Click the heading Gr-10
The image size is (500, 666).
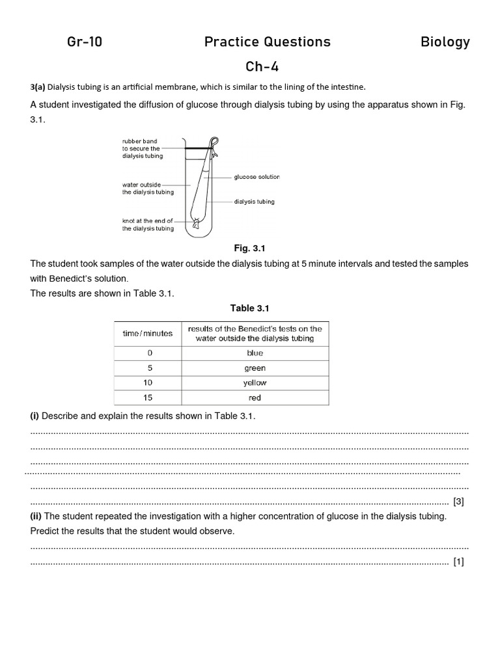[x=85, y=42]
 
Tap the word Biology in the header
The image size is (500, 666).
[x=445, y=42]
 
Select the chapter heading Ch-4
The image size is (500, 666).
[x=262, y=67]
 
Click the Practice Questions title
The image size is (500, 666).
[x=267, y=42]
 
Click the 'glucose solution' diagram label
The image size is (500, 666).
[x=257, y=177]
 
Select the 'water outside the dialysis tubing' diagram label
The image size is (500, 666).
[x=148, y=188]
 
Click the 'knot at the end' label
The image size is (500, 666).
[x=148, y=224]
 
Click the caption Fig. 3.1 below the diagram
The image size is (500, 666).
[x=250, y=248]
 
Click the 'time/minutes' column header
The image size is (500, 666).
[x=148, y=333]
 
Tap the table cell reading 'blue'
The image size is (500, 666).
[x=255, y=353]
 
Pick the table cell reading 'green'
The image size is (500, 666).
[x=255, y=368]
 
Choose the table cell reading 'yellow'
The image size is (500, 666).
[x=255, y=383]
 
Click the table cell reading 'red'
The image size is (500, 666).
[x=255, y=398]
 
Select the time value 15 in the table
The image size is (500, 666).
[x=149, y=398]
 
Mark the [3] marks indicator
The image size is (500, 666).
[x=458, y=501]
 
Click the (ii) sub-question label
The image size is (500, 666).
[x=36, y=516]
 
